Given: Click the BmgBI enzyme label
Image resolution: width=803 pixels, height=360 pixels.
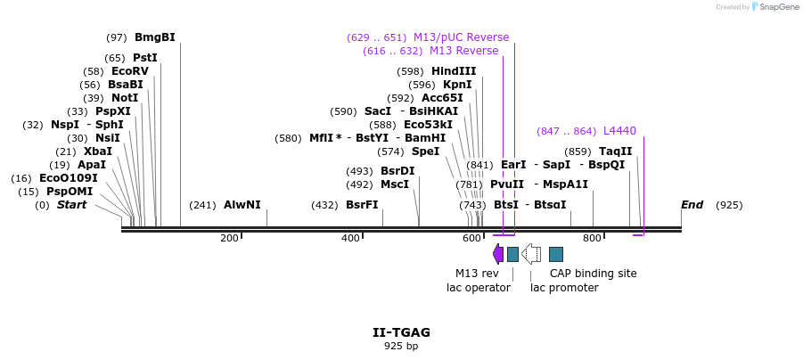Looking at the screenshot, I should (x=154, y=37).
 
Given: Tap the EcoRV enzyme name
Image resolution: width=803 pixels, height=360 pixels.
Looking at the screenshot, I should (x=129, y=71).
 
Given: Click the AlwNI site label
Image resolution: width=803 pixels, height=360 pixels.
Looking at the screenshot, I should (x=242, y=205).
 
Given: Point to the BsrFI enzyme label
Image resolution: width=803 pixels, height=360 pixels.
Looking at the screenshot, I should (x=362, y=205).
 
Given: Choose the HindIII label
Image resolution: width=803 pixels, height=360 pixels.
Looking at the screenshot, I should (x=454, y=71).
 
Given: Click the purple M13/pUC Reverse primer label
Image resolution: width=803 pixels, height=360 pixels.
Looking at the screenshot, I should (x=461, y=37).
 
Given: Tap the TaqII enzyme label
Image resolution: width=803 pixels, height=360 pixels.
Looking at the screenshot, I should (x=615, y=151).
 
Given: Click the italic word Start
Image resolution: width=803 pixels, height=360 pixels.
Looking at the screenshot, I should (x=72, y=205).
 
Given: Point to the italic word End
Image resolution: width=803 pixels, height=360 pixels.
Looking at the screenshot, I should (x=692, y=205).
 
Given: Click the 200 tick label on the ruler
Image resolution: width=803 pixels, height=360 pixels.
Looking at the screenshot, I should (x=229, y=238).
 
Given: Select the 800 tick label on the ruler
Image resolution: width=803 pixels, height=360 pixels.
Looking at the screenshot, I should (x=592, y=238).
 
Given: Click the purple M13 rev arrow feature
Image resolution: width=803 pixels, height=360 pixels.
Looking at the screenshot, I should (x=497, y=254).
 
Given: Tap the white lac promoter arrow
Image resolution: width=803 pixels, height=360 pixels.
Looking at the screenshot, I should (x=531, y=254).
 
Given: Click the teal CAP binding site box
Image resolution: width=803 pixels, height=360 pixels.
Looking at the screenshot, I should (x=556, y=254).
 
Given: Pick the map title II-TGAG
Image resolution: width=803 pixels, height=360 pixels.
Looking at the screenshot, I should (x=401, y=332).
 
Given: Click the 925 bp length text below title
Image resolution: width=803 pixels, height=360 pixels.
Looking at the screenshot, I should (x=401, y=346).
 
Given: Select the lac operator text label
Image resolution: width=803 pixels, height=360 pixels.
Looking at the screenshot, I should (x=479, y=288).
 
